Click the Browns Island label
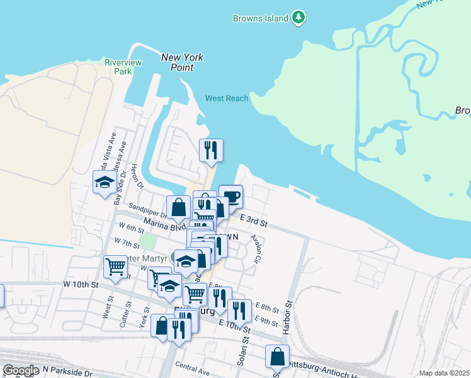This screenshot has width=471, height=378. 260,18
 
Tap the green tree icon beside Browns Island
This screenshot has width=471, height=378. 298,18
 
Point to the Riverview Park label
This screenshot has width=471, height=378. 123,67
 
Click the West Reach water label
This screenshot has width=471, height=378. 227,98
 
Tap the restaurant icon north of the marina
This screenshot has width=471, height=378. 211,149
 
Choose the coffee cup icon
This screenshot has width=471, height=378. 230,196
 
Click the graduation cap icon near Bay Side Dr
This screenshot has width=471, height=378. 105,182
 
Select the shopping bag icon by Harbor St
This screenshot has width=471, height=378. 277,357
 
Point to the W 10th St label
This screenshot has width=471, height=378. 81,285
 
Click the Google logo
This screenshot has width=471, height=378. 21,370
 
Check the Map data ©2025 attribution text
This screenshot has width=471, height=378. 443,373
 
